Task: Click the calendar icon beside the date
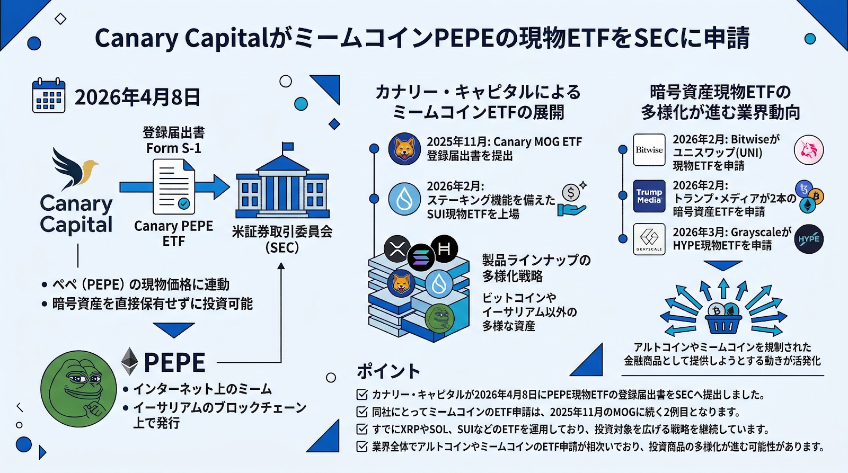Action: coord(49,96)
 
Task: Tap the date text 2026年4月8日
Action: coord(137,97)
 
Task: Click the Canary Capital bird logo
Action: coord(74,168)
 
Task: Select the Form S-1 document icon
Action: coord(174,187)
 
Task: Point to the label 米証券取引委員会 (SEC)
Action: coord(282,239)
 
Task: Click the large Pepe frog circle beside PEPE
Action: coord(78,388)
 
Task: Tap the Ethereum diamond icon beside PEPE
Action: coord(129,361)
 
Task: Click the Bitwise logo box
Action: coord(649,150)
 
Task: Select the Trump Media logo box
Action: coord(649,196)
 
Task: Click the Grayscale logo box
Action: coord(649,239)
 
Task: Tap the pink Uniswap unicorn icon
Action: coord(809,150)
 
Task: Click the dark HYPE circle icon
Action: coord(809,239)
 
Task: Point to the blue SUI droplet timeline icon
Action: coord(404,199)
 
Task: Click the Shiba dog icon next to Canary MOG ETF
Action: coord(404,149)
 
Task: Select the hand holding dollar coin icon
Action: coord(572,201)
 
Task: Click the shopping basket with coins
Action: coord(723,317)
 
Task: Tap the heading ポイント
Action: coord(388,371)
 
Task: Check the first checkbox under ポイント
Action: coord(362,395)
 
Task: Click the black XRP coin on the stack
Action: coord(397,248)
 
